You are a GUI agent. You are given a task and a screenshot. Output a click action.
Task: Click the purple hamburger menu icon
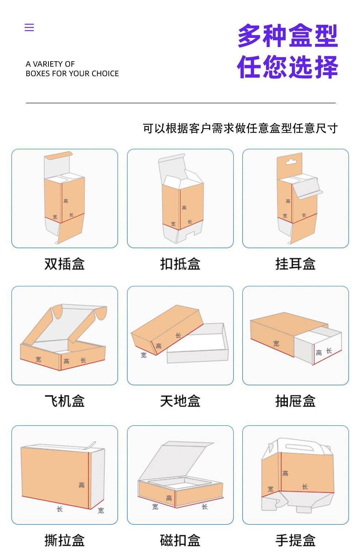tap(29, 27)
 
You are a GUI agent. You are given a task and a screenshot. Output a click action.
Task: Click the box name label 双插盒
tap(64, 264)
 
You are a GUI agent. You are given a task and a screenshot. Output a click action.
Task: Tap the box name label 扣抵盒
tap(180, 264)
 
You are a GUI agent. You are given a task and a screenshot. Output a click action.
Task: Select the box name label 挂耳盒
tap(296, 264)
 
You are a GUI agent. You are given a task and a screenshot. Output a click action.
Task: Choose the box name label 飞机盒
tap(64, 401)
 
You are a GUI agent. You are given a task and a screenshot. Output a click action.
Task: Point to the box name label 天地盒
tap(180, 401)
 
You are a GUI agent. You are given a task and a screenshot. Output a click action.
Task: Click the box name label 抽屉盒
tap(296, 401)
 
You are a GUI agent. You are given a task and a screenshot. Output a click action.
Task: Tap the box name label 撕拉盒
tap(64, 540)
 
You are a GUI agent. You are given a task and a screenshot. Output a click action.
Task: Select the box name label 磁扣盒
tap(180, 540)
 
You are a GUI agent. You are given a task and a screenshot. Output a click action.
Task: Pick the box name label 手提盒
tap(296, 540)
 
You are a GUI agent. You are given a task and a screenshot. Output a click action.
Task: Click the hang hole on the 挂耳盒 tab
tap(290, 161)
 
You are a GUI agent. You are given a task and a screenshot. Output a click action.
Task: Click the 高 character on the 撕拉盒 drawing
tap(82, 485)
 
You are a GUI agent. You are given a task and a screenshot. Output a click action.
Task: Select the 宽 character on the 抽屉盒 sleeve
tap(276, 343)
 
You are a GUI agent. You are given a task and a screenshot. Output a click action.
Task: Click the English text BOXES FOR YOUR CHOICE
tap(72, 74)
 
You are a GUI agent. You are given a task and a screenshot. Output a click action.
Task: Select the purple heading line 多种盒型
tap(287, 36)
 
